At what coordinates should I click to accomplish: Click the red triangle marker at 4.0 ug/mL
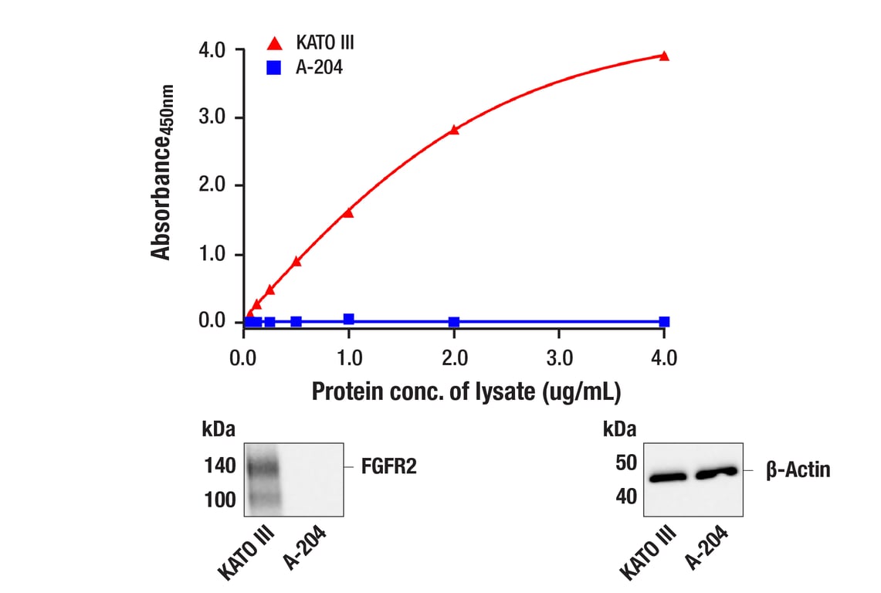664,56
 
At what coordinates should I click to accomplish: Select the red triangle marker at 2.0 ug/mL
454,130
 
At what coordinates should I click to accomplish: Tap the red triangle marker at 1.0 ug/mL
348,212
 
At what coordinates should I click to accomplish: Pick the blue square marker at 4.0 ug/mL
664,321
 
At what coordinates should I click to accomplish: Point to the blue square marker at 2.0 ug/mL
454,321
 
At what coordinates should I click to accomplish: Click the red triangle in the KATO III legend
273,43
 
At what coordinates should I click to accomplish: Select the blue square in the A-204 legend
273,68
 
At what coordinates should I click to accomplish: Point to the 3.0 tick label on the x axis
559,358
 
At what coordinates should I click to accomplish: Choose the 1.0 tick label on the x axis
349,358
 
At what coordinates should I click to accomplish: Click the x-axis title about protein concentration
466,391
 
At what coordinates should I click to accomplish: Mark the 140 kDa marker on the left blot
220,467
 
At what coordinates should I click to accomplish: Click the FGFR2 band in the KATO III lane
262,467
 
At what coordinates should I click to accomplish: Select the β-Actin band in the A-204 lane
714,473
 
